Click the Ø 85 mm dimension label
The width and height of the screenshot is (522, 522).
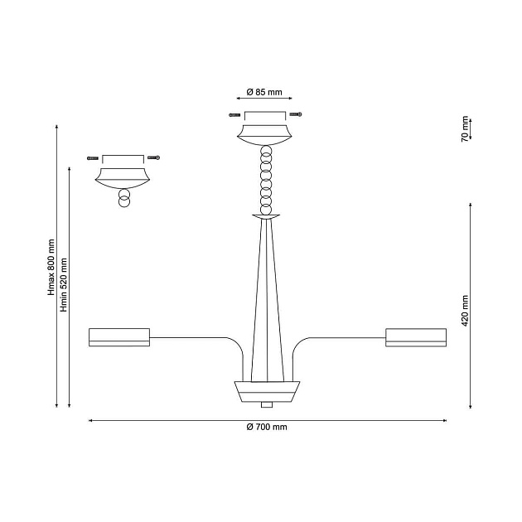(264, 92)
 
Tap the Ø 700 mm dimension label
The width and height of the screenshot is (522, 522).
(267, 427)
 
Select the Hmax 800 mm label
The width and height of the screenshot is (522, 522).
(51, 267)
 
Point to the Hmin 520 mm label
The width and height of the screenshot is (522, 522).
(64, 285)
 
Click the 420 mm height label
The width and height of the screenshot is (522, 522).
(465, 311)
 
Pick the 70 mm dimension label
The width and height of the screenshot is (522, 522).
(465, 129)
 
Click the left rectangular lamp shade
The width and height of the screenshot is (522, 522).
(119, 337)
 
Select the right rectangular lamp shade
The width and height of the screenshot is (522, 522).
(416, 337)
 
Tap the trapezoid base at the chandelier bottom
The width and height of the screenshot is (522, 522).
(267, 391)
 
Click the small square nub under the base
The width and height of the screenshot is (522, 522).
(267, 405)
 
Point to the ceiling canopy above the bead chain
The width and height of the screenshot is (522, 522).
(264, 135)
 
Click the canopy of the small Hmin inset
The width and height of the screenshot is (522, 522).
(123, 178)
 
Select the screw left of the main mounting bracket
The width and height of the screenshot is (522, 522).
(234, 115)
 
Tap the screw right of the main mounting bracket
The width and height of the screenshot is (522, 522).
(296, 114)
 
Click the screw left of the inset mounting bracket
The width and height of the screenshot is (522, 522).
(93, 158)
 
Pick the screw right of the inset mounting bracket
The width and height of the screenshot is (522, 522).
(154, 157)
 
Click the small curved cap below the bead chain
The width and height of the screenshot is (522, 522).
(266, 217)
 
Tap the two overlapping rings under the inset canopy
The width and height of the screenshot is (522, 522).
(124, 198)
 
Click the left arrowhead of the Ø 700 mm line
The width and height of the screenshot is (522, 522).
(90, 420)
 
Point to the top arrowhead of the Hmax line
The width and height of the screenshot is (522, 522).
(57, 127)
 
